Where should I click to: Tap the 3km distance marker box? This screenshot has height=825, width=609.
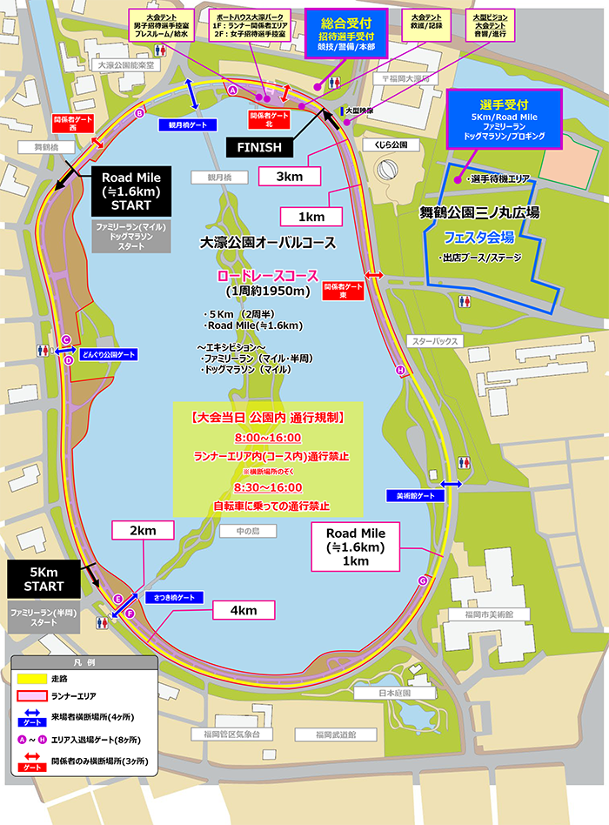pyautogui.click(x=290, y=177)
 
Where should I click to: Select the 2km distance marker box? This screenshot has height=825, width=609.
pyautogui.click(x=144, y=531)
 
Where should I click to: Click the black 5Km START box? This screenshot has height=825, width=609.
pyautogui.click(x=43, y=579)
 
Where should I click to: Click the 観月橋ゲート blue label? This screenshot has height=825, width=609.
pyautogui.click(x=188, y=125)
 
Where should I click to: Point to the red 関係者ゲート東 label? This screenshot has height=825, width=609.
pyautogui.click(x=342, y=290)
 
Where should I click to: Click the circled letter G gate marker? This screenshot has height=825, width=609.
pyautogui.click(x=424, y=580)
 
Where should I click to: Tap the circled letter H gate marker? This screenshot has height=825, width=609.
pyautogui.click(x=400, y=371)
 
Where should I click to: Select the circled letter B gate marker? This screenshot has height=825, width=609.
pyautogui.click(x=139, y=113)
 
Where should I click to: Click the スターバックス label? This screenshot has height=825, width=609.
pyautogui.click(x=435, y=342)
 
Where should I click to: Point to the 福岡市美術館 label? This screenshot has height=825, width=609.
pyautogui.click(x=514, y=614)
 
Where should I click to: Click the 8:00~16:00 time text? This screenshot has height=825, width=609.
pyautogui.click(x=267, y=437)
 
